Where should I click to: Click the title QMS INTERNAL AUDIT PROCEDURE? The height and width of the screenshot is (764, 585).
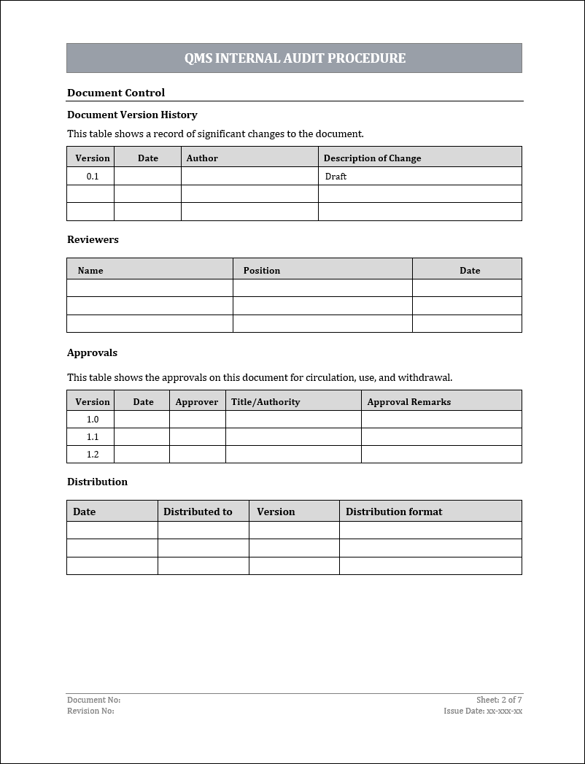point(295,58)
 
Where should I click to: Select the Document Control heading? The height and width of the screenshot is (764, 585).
point(116,93)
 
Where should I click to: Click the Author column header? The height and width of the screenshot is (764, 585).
point(202,158)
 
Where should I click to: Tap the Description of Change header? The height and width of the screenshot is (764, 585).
point(372,158)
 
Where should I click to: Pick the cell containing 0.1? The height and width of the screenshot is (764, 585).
point(93,177)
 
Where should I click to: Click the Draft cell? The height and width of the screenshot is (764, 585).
point(336,177)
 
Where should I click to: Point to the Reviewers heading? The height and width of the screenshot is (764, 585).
point(93,239)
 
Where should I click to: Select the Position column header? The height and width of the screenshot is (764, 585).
point(262,271)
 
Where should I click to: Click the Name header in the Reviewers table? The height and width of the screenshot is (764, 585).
point(90,271)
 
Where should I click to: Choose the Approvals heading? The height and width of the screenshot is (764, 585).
point(92,352)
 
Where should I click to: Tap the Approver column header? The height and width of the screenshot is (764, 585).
point(197,402)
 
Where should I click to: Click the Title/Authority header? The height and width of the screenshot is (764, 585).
point(266,402)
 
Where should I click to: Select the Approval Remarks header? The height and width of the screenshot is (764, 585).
point(409,402)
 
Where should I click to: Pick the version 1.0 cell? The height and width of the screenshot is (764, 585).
point(93,420)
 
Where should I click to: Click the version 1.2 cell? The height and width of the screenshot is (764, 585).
point(93,455)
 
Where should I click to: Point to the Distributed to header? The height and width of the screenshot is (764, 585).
point(198,512)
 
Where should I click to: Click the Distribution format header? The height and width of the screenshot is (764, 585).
point(394,512)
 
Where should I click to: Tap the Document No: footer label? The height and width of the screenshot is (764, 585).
point(93,700)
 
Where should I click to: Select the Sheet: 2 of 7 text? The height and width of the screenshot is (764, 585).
point(499,700)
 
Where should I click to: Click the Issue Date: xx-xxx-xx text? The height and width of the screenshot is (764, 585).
point(483,711)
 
